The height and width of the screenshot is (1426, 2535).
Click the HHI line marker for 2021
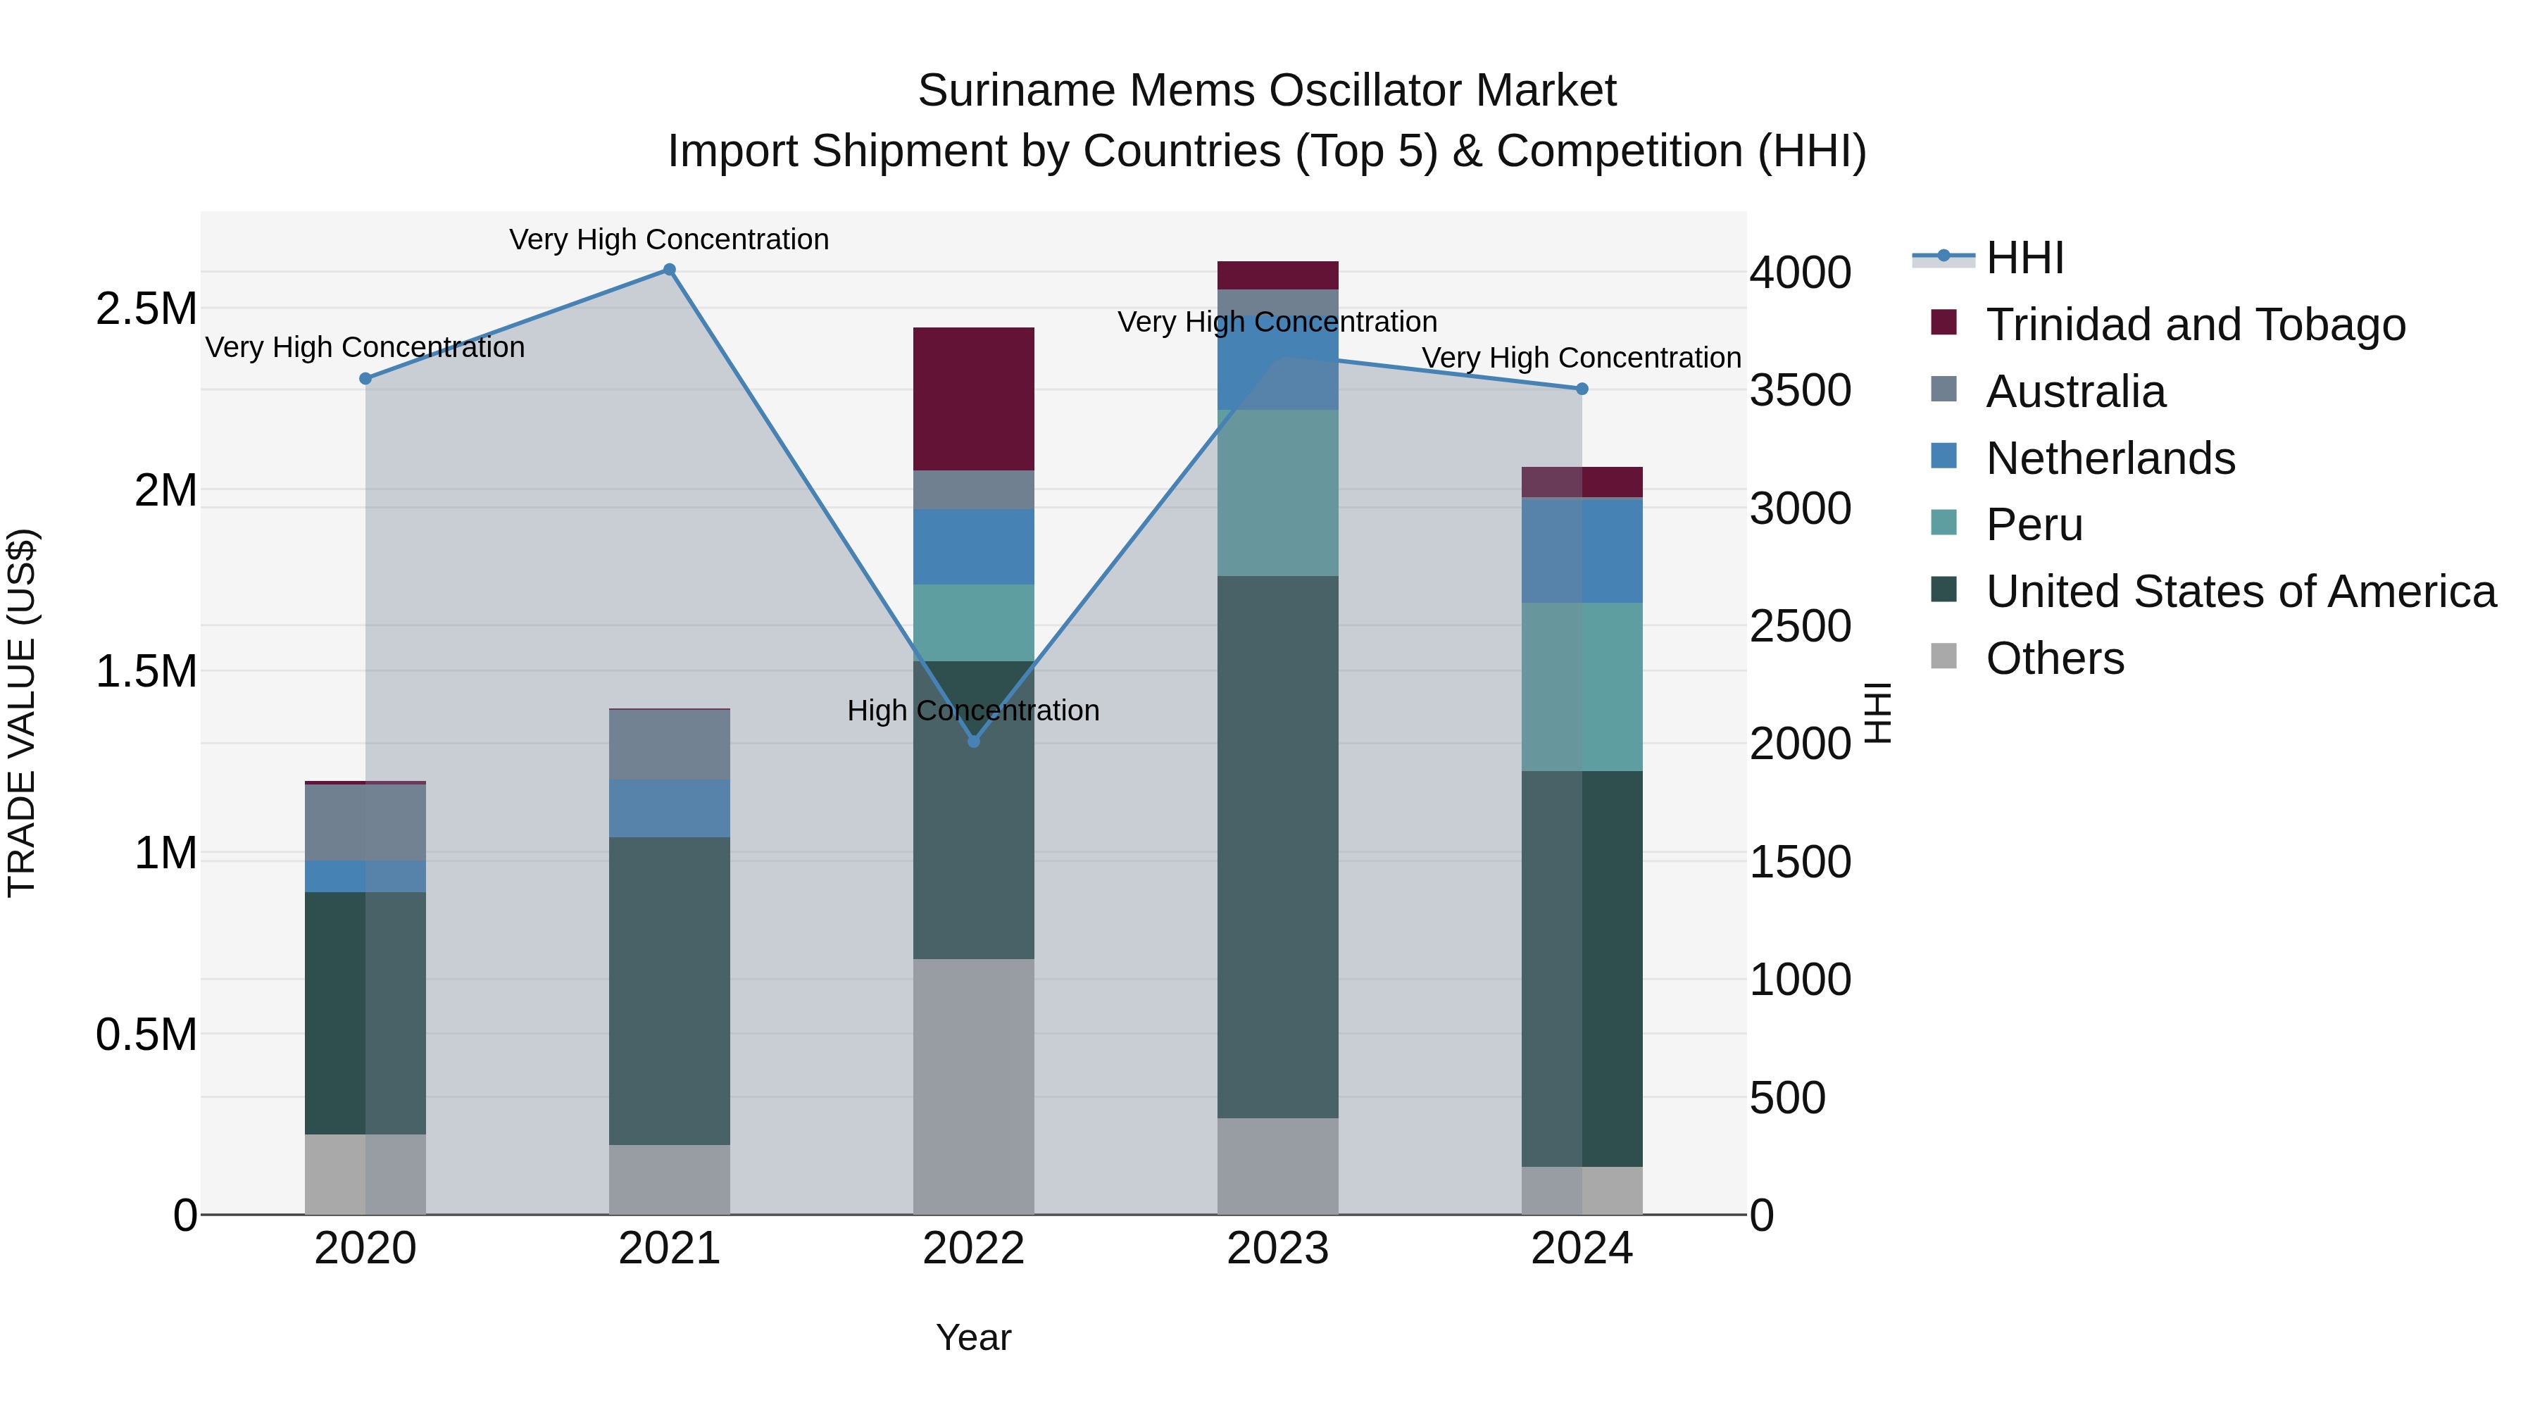[x=669, y=270]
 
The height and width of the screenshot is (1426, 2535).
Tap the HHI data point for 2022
[x=973, y=741]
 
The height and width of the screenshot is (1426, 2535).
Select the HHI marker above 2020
[x=365, y=379]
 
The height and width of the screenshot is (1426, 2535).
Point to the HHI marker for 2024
[x=1582, y=389]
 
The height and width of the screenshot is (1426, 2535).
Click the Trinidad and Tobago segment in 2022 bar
[x=973, y=399]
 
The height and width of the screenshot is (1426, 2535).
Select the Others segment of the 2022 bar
[x=973, y=1085]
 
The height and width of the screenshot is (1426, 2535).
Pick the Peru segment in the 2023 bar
[x=1277, y=492]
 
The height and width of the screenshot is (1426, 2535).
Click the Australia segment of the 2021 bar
[x=669, y=744]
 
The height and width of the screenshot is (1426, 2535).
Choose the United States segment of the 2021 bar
[x=669, y=990]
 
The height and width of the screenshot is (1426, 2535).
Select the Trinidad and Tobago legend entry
[x=2194, y=325]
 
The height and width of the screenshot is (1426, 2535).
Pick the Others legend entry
[x=2054, y=658]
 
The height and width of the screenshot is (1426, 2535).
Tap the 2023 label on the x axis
[x=1277, y=1249]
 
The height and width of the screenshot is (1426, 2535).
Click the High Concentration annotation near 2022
[x=973, y=711]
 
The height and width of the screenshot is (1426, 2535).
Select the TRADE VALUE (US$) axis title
[x=22, y=713]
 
